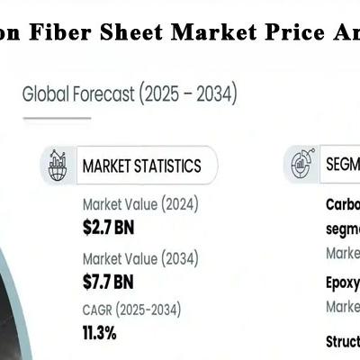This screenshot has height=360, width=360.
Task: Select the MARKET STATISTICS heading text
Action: pos(141,166)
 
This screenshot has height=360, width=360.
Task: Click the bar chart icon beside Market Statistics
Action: pos(58,165)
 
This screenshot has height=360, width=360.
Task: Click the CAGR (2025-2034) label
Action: pos(131,310)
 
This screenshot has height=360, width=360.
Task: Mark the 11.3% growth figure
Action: pos(100,332)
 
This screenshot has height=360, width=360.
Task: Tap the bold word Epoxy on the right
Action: pos(342,283)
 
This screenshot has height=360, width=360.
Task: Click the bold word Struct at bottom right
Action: pos(342,342)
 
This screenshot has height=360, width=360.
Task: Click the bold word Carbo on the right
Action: pos(342,204)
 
